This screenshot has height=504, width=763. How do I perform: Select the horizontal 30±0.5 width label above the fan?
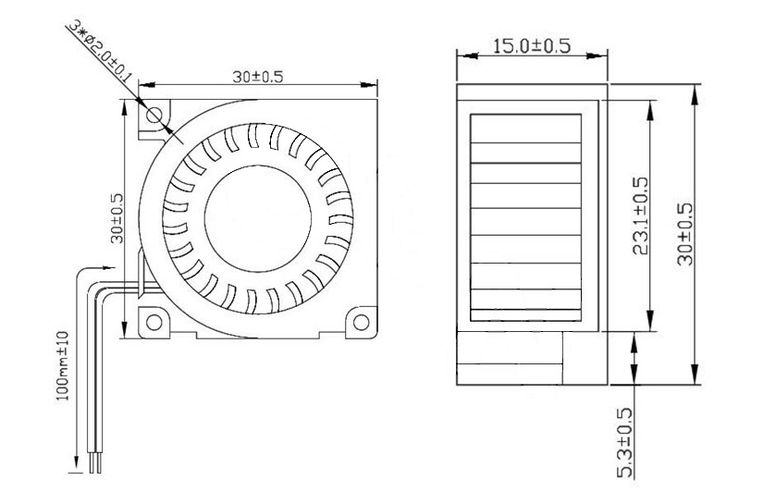tap(257, 78)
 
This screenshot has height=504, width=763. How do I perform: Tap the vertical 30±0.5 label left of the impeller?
tap(117, 218)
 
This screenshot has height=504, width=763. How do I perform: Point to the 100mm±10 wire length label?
tap(64, 366)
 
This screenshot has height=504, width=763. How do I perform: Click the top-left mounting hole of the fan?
tap(154, 115)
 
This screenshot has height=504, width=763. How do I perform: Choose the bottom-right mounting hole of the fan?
tap(362, 323)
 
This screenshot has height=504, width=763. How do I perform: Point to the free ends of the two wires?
tap(94, 467)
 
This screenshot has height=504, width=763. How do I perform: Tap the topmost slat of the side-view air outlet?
tap(526, 129)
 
